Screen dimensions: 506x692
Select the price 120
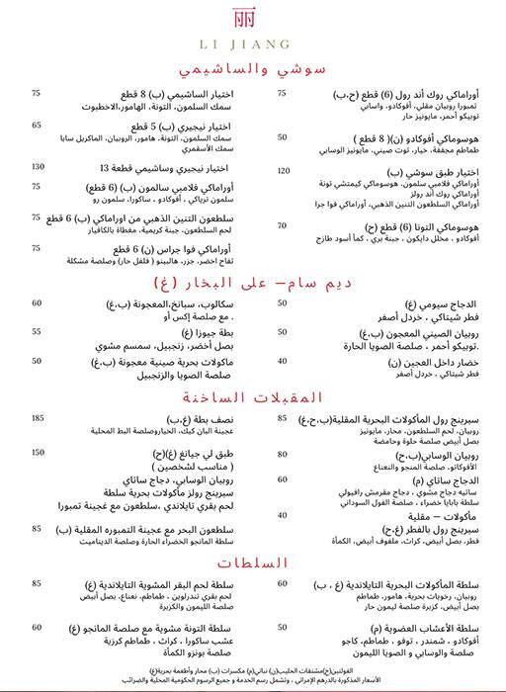coord(284,171)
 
